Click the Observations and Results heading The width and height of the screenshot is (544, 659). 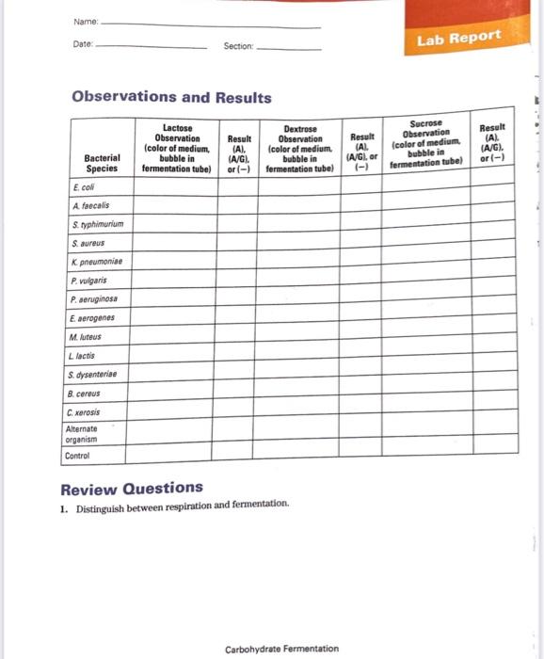[x=167, y=97]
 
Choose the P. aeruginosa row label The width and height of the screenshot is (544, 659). [x=99, y=299]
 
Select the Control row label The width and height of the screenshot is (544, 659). [x=78, y=456]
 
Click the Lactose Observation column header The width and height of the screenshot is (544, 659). [x=175, y=149]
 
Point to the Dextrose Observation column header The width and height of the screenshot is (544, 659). [x=299, y=149]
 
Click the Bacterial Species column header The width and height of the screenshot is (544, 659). [x=101, y=163]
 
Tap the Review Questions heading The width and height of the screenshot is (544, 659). [x=132, y=488]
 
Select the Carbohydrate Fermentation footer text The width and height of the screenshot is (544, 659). [x=282, y=648]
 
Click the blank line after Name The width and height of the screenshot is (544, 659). [x=209, y=26]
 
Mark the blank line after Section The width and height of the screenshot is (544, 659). [x=290, y=47]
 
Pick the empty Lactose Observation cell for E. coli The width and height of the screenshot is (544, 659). [x=175, y=186]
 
